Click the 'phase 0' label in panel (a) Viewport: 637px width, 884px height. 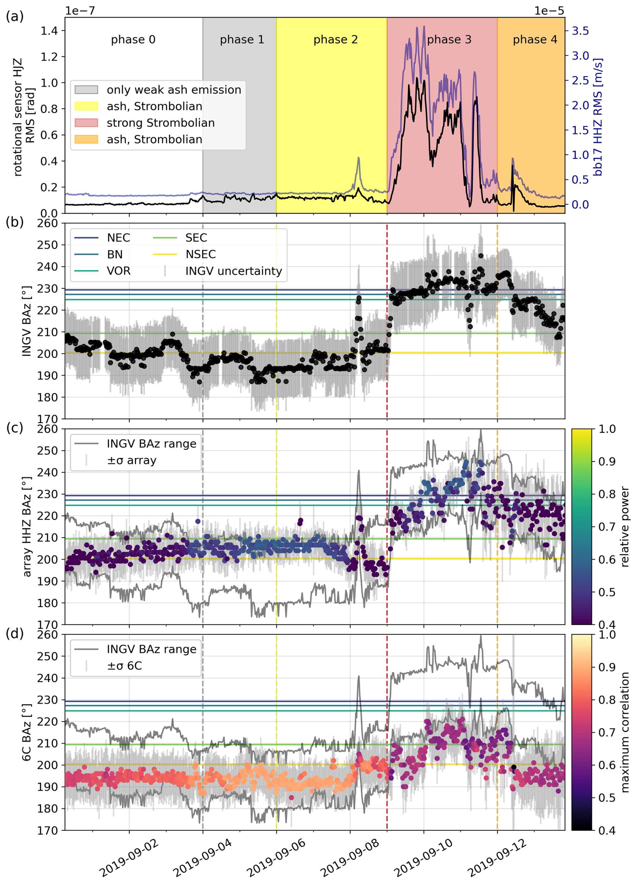(x=133, y=40)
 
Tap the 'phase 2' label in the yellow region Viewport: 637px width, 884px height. (x=335, y=40)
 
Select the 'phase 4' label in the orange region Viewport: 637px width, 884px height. (x=535, y=40)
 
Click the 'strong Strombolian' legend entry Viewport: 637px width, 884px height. (x=161, y=123)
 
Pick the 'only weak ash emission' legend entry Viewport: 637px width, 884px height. (x=174, y=90)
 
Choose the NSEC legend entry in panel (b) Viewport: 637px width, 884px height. (x=200, y=254)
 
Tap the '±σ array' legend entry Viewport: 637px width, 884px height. (x=132, y=460)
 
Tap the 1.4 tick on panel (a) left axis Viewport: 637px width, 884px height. (x=49, y=31)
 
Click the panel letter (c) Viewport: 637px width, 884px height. (x=14, y=428)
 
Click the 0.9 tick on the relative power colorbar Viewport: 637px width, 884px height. (x=607, y=461)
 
